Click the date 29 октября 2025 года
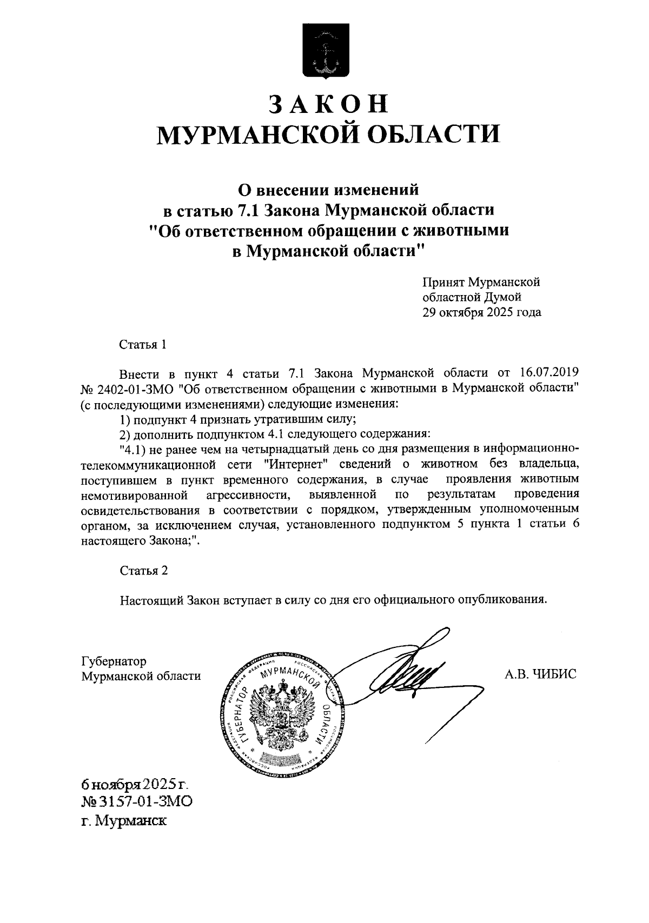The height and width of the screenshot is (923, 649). pos(481,312)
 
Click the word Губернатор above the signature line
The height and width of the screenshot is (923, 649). pos(114,661)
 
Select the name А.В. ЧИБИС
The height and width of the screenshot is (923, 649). pos(540,674)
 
